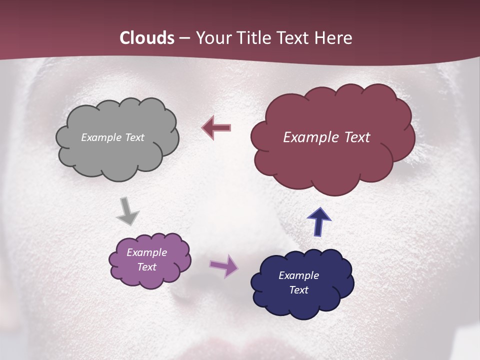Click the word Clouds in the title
pos(147,38)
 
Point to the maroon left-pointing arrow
pos(216,128)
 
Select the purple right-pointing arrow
pos(223,265)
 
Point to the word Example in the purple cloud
pos(146,252)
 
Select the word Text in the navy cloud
pos(298,290)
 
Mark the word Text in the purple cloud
pos(146,267)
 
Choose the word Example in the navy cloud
pos(298,275)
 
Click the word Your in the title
pos(211,38)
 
